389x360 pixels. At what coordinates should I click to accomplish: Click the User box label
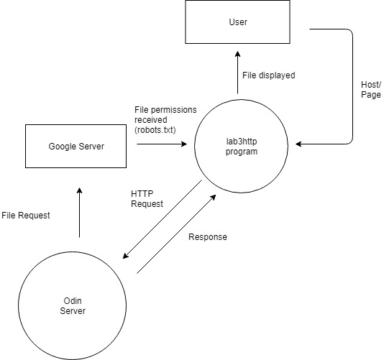[238, 22]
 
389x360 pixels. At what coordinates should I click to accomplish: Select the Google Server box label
[76, 147]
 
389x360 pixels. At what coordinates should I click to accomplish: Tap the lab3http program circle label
[242, 147]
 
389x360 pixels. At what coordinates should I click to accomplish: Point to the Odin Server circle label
[73, 305]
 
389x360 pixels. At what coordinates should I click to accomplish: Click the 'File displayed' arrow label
[269, 75]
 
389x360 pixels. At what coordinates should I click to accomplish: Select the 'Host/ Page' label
[371, 90]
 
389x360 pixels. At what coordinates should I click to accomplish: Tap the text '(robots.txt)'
[155, 130]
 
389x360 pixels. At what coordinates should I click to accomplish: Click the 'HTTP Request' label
[147, 198]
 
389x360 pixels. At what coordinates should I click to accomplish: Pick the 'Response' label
[208, 237]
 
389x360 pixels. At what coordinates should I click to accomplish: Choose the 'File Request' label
[26, 215]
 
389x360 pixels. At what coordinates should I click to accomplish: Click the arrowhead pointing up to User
[238, 54]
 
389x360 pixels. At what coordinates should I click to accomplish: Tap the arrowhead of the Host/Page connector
[298, 144]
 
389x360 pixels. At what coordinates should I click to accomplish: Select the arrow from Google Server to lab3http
[162, 144]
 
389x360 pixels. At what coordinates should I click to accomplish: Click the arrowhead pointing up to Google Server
[79, 190]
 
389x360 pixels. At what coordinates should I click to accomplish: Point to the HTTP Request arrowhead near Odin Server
[126, 256]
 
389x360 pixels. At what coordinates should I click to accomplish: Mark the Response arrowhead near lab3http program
[213, 198]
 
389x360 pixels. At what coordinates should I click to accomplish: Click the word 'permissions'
[173, 110]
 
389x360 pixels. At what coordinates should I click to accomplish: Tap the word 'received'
[151, 120]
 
